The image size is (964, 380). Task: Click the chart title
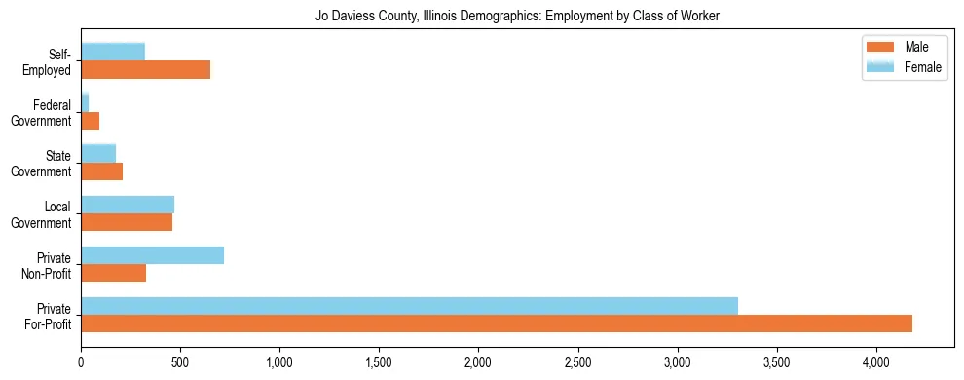[517, 17]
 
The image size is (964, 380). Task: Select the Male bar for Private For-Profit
[497, 323]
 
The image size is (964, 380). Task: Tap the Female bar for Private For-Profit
[409, 305]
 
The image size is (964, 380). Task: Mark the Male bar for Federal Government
[90, 121]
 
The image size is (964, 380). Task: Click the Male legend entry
[915, 48]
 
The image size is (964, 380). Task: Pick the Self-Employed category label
[51, 61]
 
